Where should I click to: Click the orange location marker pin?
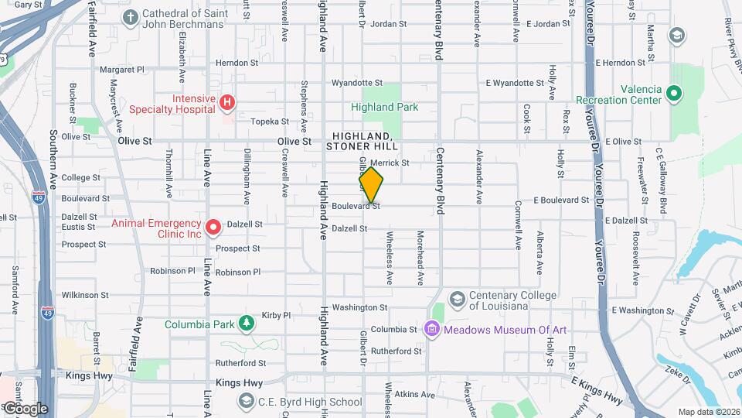371,184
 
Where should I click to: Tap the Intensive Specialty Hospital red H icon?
226,102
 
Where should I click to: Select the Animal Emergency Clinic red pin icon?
213,227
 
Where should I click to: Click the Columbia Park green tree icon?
247,322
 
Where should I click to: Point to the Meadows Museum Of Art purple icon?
432,330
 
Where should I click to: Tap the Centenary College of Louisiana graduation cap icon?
458,299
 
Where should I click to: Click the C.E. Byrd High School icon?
246,401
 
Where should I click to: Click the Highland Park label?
384,108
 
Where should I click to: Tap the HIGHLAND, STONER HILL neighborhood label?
362,141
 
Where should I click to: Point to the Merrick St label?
390,163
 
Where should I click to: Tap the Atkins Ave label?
410,393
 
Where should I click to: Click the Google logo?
26,408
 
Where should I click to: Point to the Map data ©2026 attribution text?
709,412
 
